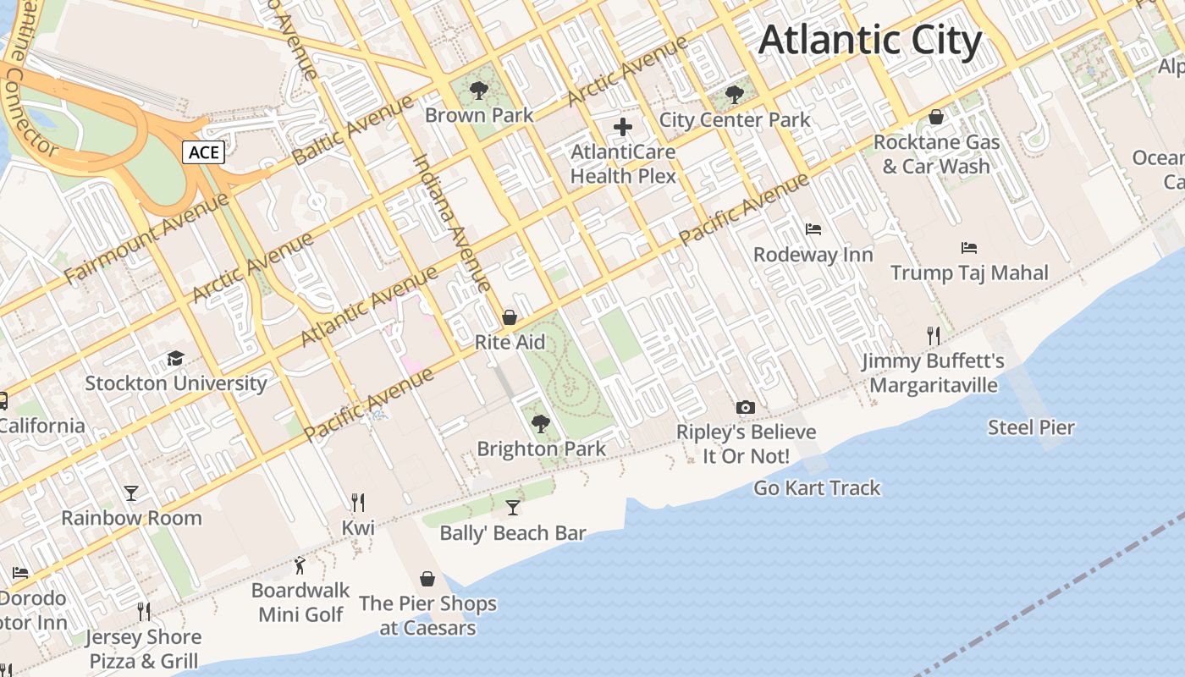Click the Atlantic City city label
[870, 41]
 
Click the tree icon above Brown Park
[479, 89]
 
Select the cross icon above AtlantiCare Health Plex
[623, 127]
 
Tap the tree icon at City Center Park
[735, 94]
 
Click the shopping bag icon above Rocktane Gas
[936, 117]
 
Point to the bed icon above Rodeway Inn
[813, 228]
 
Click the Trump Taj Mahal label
[969, 272]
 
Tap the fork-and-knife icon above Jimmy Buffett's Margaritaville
[933, 336]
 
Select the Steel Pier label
[1031, 427]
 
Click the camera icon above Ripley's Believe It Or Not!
[746, 407]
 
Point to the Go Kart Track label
[817, 488]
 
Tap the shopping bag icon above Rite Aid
[510, 317]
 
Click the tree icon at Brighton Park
[541, 423]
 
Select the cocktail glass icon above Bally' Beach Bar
[513, 508]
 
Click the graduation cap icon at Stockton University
[175, 358]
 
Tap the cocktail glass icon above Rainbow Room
[131, 493]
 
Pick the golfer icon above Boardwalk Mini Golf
[300, 565]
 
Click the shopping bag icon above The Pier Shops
[427, 579]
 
